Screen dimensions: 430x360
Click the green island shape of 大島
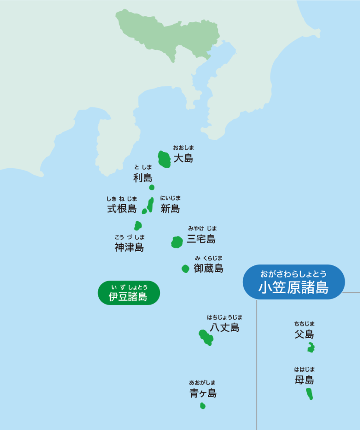pos(164,160)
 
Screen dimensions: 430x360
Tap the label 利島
pos(143,178)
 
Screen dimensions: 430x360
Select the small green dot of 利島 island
pos(152,187)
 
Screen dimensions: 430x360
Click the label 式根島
pos(122,209)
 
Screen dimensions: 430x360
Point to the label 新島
pos(170,209)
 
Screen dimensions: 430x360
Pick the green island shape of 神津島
pos(138,225)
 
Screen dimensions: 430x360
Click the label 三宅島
pos(201,239)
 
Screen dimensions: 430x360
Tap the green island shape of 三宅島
pos(177,242)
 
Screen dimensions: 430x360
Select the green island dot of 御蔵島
pos(185,269)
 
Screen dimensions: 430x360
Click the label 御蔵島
pos(208,269)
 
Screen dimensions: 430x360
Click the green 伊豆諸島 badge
pos(128,293)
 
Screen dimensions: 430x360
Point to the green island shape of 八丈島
pos(206,338)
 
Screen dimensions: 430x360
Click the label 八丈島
pos(225,328)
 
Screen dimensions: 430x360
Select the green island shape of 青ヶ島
pos(203,405)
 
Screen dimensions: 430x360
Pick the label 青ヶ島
pos(203,393)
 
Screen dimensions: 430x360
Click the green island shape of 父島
pos(311,348)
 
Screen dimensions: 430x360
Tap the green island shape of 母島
pos(309,393)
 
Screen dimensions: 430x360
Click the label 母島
pos(304,380)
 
